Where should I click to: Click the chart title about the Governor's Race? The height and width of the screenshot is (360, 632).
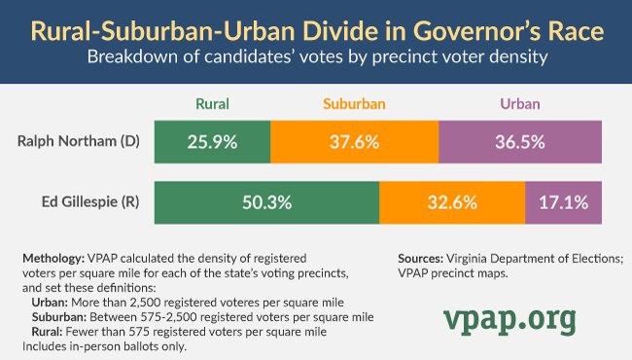tap(316, 28)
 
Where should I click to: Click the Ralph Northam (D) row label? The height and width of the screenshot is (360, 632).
tap(79, 140)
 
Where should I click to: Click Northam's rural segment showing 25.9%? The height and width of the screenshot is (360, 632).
tap(212, 141)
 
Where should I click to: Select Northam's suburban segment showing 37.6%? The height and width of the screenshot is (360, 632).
tap(355, 141)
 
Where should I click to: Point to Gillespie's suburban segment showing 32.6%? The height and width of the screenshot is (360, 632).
tap(452, 204)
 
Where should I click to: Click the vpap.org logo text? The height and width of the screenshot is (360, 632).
tap(509, 318)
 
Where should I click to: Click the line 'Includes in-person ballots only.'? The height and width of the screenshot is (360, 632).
tap(103, 345)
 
